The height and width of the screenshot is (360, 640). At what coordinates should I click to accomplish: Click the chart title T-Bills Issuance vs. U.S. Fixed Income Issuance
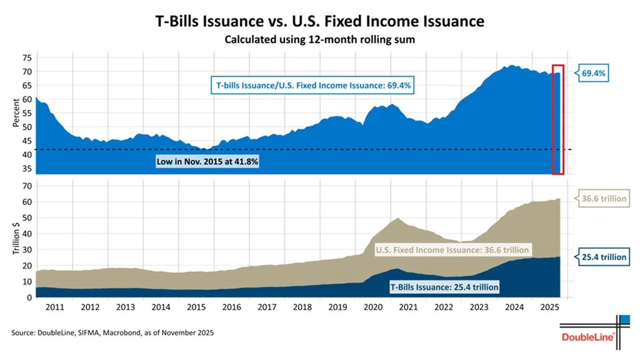pos(320,21)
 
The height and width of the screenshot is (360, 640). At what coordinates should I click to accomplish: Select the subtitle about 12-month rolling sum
pos(320,40)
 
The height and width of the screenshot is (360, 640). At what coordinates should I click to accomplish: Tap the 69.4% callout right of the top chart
pos(592,73)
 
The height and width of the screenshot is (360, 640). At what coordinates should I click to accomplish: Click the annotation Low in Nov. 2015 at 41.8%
pos(208,161)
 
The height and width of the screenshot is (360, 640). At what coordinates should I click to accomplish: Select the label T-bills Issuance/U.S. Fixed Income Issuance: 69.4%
pos(314,85)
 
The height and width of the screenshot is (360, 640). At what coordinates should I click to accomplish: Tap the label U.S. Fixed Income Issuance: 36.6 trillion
pos(453,250)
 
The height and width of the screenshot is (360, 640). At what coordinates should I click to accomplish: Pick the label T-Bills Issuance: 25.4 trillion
pos(445,287)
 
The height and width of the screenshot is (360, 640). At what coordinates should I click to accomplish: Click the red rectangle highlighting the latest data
pos(558,119)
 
